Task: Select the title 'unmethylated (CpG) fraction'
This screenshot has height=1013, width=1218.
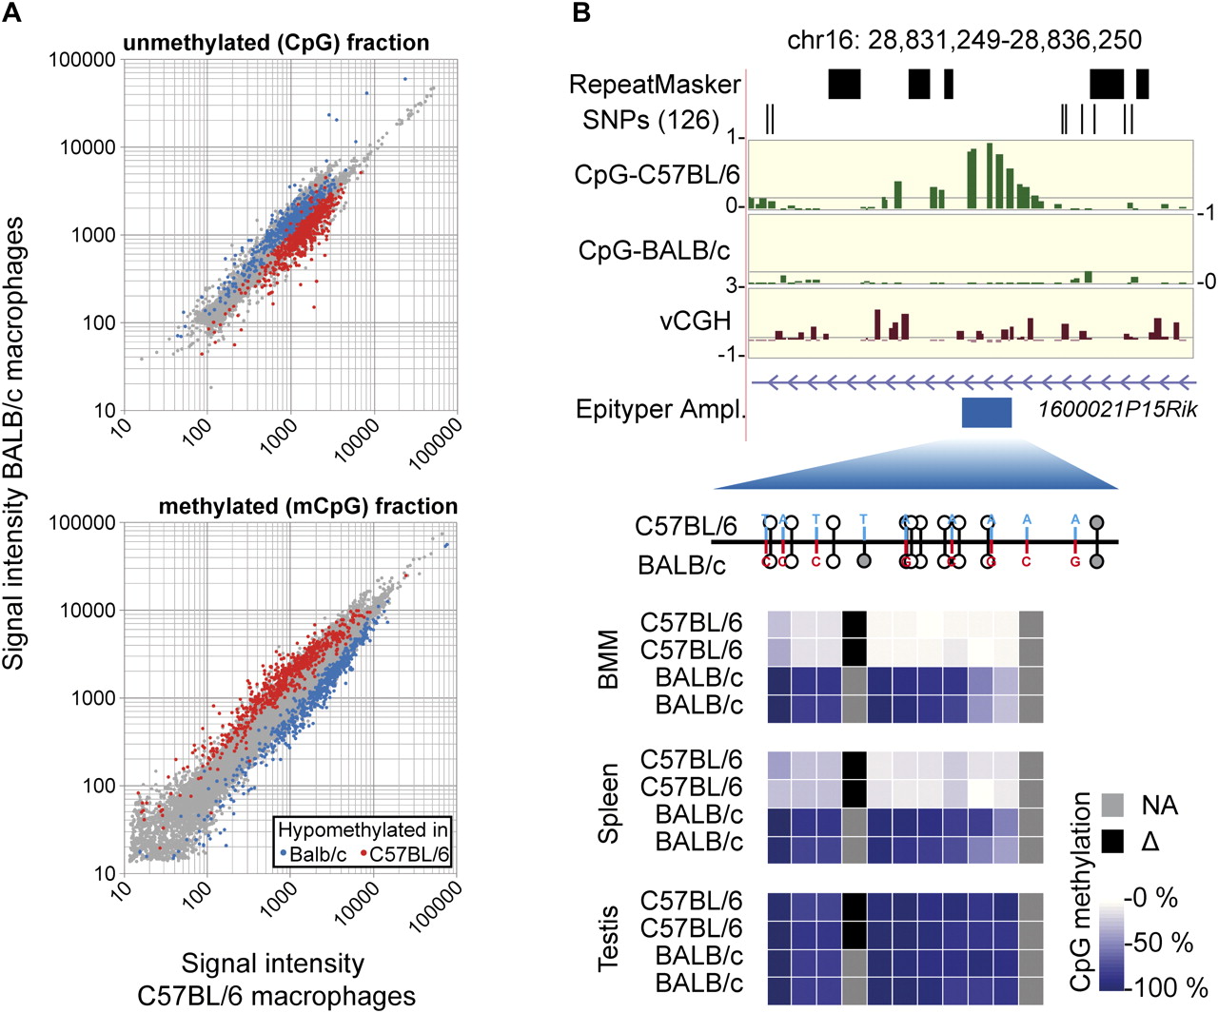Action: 276,43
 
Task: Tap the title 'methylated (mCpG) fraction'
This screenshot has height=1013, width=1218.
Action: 307,506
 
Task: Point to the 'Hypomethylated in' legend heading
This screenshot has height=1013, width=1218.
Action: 363,830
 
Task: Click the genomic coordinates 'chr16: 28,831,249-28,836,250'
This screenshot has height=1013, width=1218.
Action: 964,39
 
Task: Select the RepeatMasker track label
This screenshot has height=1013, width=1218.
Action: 655,85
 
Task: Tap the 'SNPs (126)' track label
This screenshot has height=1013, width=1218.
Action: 651,120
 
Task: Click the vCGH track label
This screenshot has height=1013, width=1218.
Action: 696,321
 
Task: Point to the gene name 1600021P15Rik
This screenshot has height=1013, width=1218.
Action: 1117,410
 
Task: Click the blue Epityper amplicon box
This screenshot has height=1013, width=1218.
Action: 986,413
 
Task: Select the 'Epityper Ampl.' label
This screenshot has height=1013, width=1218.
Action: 660,410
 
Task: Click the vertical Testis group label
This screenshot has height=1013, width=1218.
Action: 608,939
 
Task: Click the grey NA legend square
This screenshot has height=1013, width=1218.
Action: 1112,805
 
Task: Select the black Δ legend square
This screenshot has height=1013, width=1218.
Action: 1112,841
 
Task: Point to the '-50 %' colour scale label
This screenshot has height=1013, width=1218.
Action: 1159,943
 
